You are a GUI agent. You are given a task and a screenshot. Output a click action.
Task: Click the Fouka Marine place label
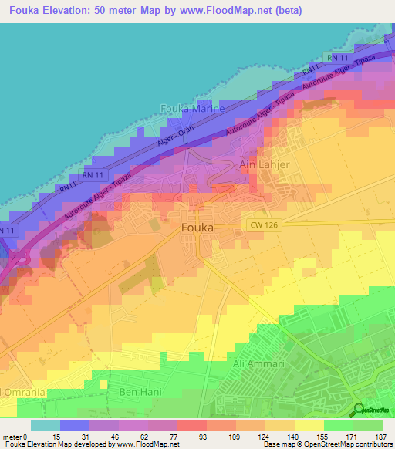tap(192, 109)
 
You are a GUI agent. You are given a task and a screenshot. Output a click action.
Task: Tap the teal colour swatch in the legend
tap(45, 425)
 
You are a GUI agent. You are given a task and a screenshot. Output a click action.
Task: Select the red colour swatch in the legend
tap(191, 425)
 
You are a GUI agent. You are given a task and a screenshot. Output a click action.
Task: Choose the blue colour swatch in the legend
tap(74, 425)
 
